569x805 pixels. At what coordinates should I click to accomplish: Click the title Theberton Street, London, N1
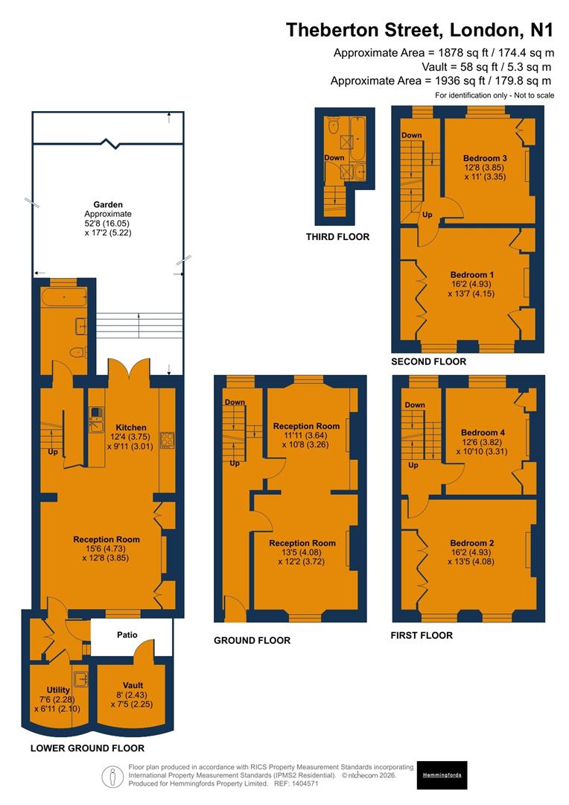pos(420,30)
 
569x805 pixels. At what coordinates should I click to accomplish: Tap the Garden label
pos(108,204)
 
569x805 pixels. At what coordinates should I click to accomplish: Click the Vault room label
pos(133,686)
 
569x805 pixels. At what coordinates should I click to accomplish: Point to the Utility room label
pos(58,690)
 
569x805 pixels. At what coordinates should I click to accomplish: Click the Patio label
pos(127,635)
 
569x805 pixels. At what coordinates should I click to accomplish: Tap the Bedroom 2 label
pos(471,543)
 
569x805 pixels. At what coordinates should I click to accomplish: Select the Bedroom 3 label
pos(485,158)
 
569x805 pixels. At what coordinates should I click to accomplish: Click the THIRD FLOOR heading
pos(337,237)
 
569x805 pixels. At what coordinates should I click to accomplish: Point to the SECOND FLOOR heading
pos(428,362)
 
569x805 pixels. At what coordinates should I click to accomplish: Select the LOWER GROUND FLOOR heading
pos(87,748)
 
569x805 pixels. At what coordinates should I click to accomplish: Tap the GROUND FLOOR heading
pos(252,640)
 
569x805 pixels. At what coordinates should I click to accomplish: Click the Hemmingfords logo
pos(442,775)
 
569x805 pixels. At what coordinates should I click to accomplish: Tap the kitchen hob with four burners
pos(167,440)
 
